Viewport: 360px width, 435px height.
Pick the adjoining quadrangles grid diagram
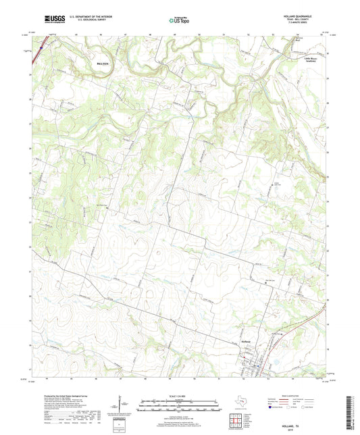(237, 421)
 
